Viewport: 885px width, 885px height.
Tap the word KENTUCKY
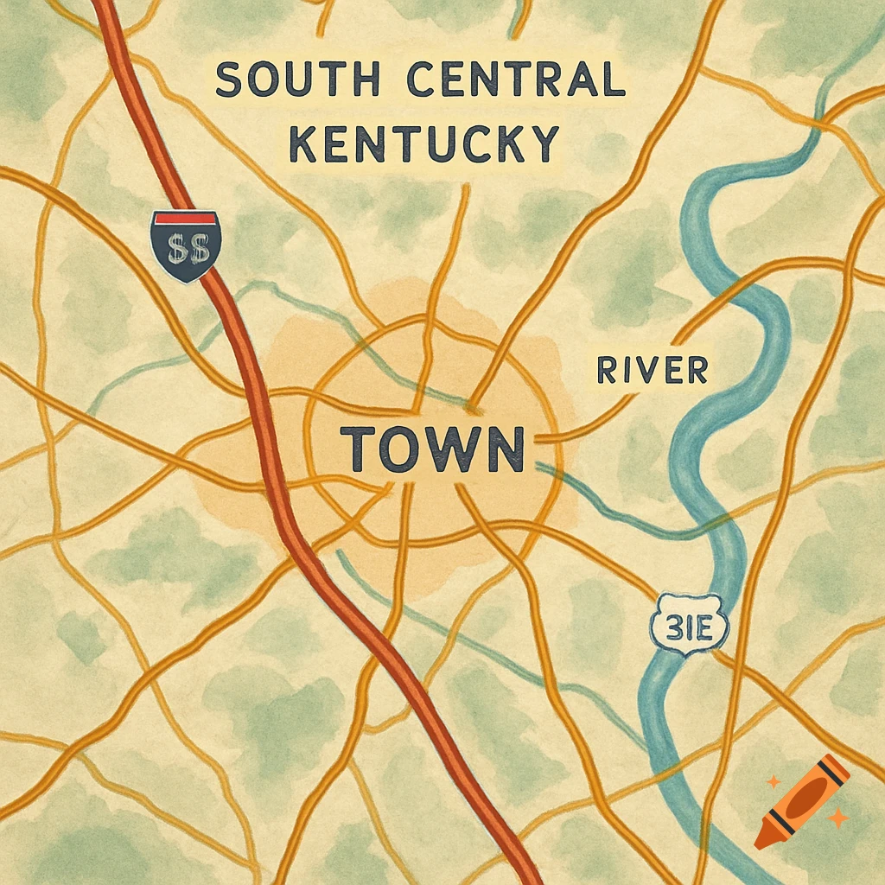(423, 143)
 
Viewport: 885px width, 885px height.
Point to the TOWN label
(434, 448)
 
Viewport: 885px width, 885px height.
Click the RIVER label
(653, 370)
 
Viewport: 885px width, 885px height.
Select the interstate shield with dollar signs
(186, 245)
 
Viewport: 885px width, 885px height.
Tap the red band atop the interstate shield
(186, 215)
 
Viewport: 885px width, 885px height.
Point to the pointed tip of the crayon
(761, 840)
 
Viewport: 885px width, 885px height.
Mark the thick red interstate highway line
(285, 501)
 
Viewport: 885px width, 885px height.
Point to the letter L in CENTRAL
(612, 80)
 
